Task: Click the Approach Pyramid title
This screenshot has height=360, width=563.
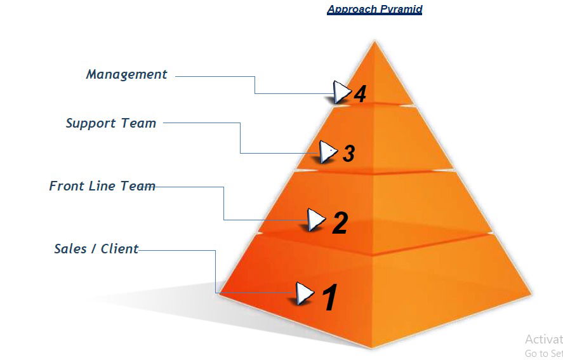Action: click(374, 10)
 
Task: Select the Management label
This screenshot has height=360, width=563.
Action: click(126, 74)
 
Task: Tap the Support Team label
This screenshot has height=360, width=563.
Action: click(110, 123)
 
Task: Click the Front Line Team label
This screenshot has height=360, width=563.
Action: click(102, 186)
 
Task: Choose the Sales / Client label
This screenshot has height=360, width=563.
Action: click(96, 249)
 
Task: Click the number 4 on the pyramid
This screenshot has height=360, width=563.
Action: click(360, 95)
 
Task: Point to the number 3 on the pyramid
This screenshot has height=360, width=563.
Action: click(348, 153)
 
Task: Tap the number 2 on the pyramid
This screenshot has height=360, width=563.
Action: click(340, 223)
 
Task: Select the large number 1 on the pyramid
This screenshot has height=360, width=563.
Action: click(329, 298)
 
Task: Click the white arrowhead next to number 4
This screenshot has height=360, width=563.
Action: click(341, 92)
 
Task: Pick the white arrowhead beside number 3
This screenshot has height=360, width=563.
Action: click(327, 151)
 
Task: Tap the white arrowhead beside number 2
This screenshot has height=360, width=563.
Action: click(315, 220)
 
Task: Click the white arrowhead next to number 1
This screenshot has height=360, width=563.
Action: click(305, 293)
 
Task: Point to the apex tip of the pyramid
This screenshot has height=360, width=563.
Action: click(374, 42)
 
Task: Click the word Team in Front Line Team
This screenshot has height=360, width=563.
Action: click(138, 186)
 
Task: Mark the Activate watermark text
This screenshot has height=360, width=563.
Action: click(544, 340)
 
